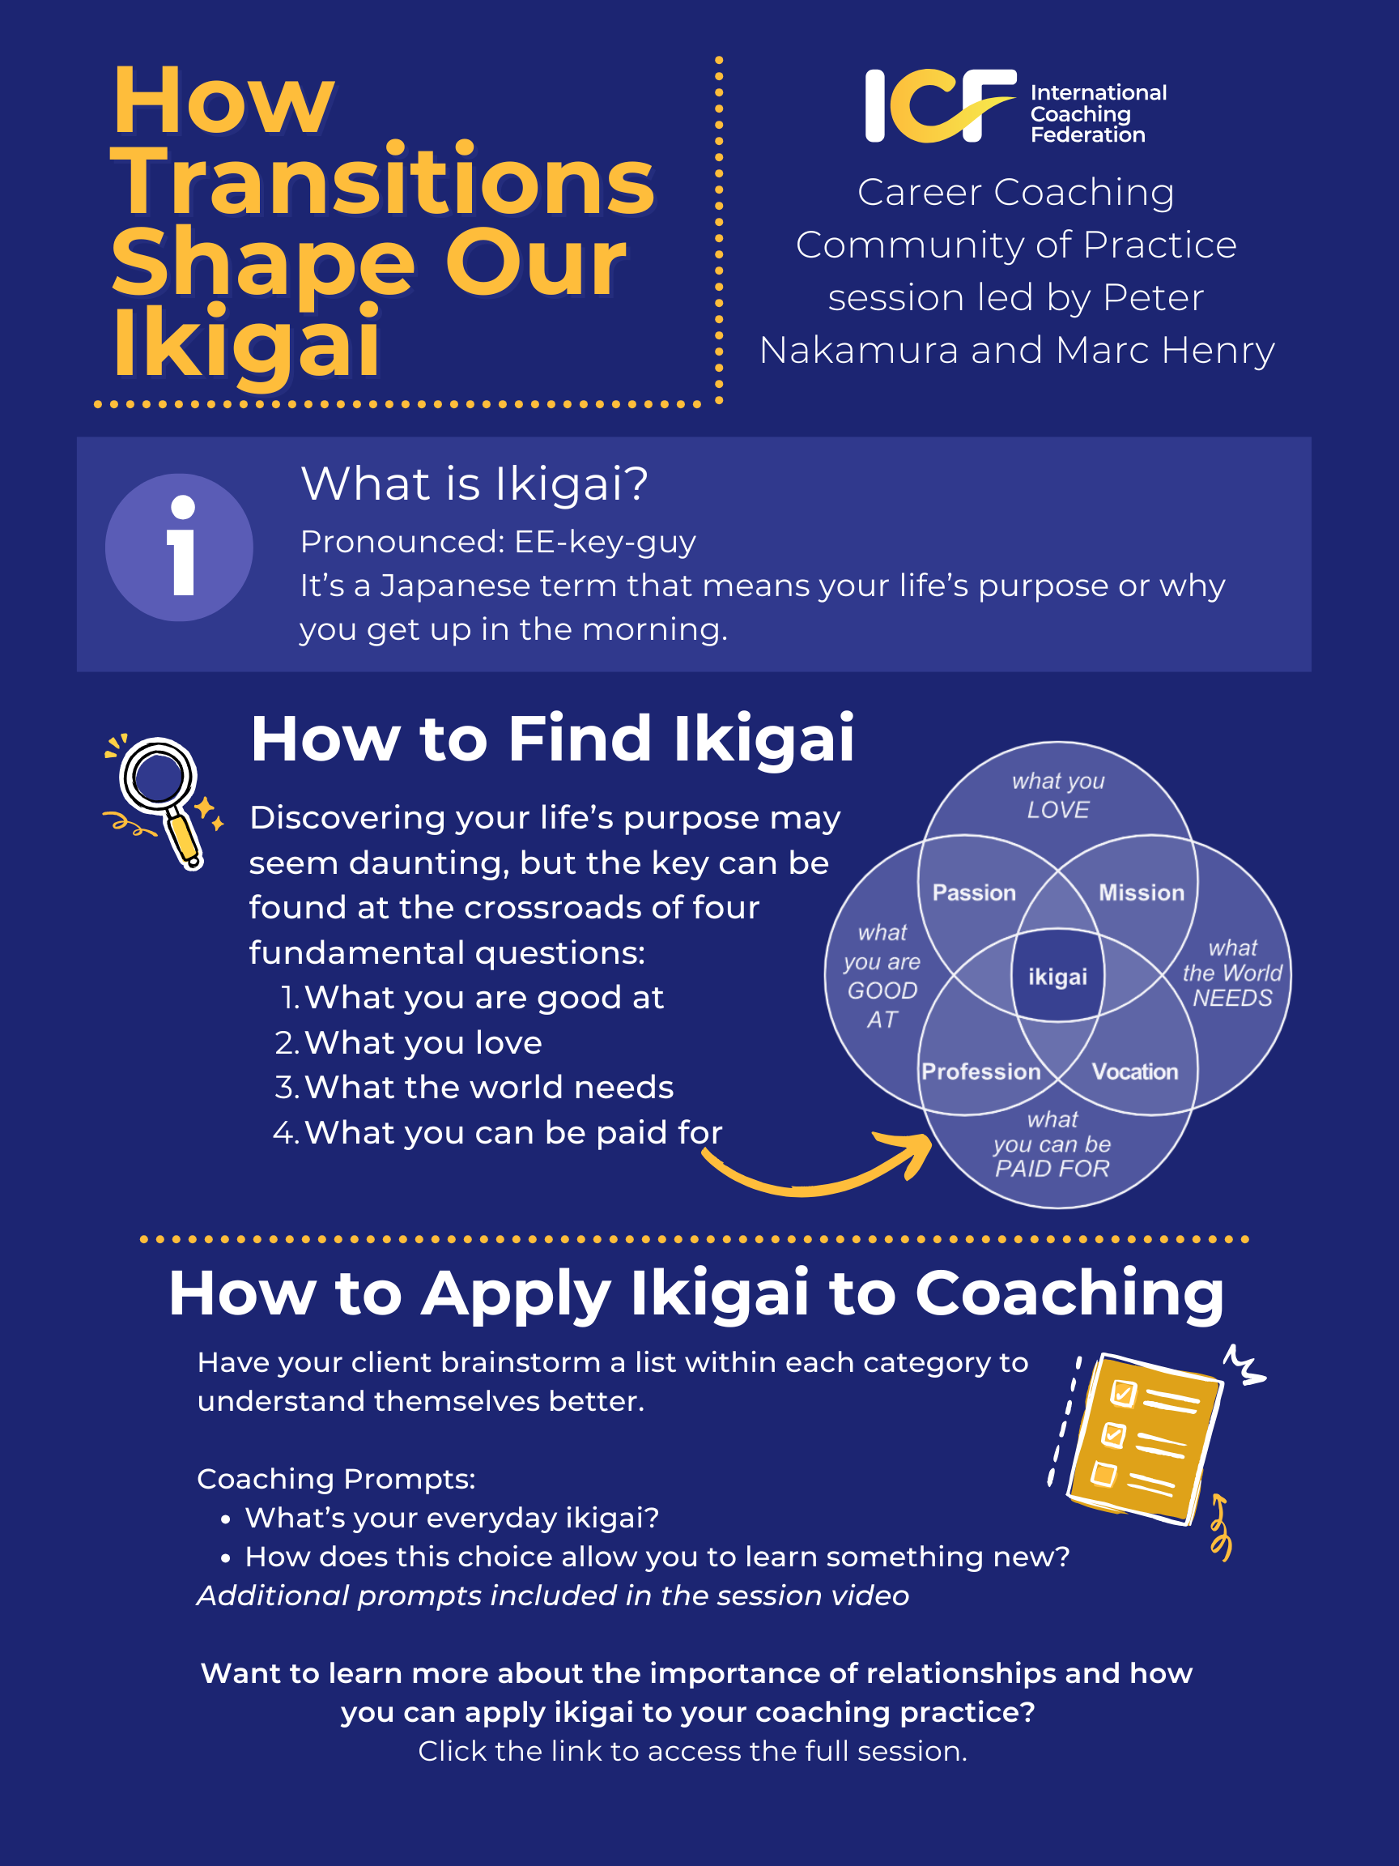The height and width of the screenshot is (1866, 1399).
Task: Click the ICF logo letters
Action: coord(938,106)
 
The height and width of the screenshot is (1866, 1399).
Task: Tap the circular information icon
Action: coord(179,547)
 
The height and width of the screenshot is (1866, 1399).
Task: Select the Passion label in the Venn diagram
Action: coord(974,893)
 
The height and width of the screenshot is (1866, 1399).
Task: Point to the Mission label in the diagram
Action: coord(1141,893)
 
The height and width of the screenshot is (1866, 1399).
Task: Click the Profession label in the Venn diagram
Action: coord(980,1071)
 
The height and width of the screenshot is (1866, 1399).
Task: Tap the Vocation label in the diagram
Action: coord(1134,1071)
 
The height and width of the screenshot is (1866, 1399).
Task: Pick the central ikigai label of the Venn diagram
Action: coord(1057,977)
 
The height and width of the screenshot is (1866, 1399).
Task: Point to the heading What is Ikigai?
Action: coord(474,484)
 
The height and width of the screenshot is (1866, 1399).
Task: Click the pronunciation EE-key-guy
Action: coord(605,542)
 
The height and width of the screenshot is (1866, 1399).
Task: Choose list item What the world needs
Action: coord(488,1088)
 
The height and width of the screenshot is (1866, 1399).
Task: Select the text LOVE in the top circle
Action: coord(1057,810)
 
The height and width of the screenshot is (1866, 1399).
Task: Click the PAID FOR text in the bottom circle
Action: coord(1052,1169)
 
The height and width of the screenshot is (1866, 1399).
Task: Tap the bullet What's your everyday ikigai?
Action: coord(451,1518)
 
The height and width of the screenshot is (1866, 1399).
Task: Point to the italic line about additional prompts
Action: coord(552,1595)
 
